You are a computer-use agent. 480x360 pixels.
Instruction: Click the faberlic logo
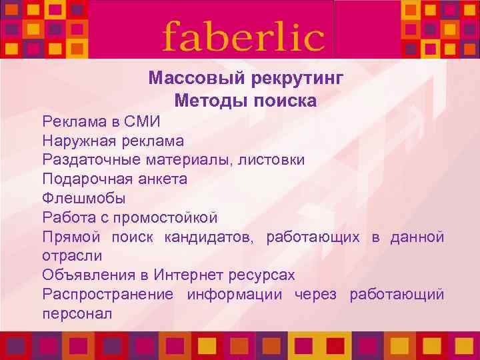tap(243, 36)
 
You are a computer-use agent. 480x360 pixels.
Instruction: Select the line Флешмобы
tap(83, 199)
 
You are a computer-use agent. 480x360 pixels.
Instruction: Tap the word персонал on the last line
tap(77, 313)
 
